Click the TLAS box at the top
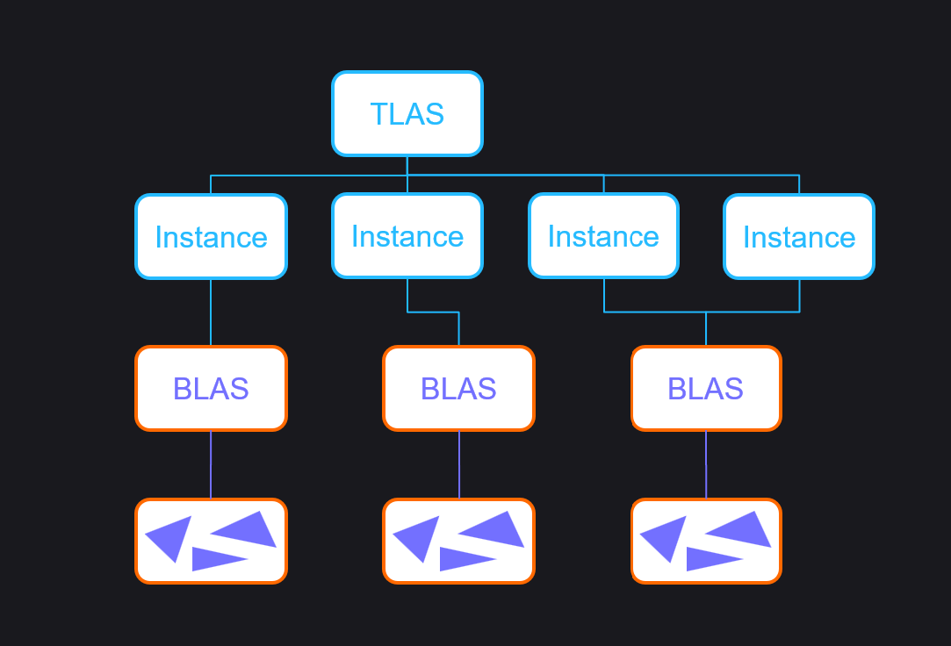[407, 114]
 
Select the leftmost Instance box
[211, 237]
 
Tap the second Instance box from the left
[407, 237]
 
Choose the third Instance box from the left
[603, 237]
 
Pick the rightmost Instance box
[799, 237]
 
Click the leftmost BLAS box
[211, 389]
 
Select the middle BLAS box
[458, 389]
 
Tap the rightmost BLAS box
[706, 389]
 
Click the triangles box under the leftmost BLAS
[211, 541]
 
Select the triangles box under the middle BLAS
[458, 541]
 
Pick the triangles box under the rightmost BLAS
[706, 541]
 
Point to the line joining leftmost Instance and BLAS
[211, 312]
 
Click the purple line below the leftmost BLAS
[211, 464]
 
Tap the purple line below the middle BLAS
[458, 464]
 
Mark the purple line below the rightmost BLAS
[706, 464]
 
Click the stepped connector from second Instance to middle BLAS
[434, 312]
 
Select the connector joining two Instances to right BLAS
[706, 312]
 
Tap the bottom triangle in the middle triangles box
[465, 557]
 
